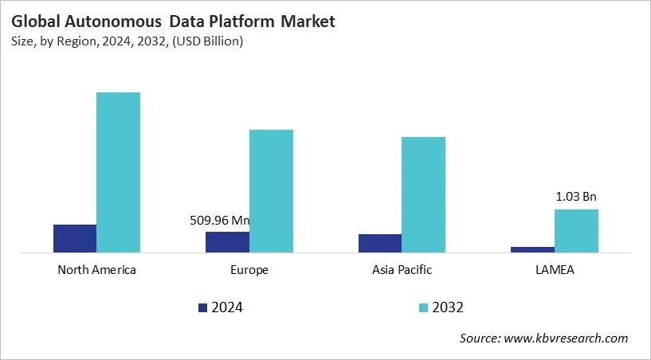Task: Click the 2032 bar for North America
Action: [x=118, y=172]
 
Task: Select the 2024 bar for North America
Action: [x=75, y=238]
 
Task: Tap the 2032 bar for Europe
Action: [x=271, y=191]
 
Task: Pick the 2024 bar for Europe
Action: [x=227, y=242]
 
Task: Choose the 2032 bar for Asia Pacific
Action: [x=423, y=194]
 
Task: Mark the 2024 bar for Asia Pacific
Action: [x=380, y=243]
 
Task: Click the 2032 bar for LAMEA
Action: [x=576, y=231]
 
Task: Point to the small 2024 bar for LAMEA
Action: [x=532, y=249]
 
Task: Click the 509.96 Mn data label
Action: [x=225, y=221]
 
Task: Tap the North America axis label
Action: [x=97, y=269]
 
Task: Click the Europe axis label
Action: [x=249, y=269]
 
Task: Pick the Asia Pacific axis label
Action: [x=402, y=269]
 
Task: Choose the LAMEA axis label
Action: [x=555, y=269]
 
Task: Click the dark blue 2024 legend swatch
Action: [x=202, y=307]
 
